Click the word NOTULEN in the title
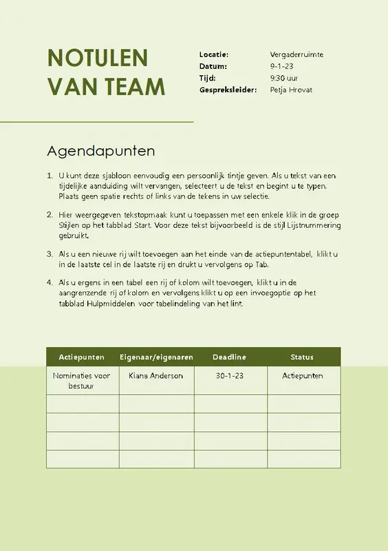tap(97, 58)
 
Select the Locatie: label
tap(213, 54)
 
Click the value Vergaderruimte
tap(297, 54)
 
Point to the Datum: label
tap(213, 66)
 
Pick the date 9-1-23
tap(282, 66)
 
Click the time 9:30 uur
tap(285, 78)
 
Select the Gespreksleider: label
tap(228, 90)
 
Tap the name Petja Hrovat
tap(291, 90)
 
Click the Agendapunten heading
tap(101, 150)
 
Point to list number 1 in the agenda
tap(50, 176)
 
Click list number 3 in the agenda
tap(50, 254)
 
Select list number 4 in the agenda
tap(50, 282)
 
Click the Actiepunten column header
tap(82, 357)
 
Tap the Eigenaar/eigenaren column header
tap(156, 357)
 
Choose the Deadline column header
tap(229, 357)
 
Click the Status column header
tap(302, 357)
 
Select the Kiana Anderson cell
tap(156, 375)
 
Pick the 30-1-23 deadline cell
tap(229, 375)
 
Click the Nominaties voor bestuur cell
tap(82, 380)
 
